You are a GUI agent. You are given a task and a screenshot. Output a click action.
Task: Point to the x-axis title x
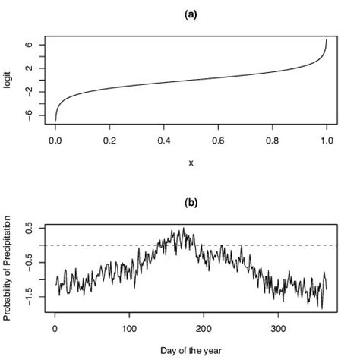tap(191, 163)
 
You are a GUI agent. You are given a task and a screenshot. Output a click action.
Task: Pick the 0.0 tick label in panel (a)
tap(55, 141)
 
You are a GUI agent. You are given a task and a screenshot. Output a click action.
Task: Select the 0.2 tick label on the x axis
tap(109, 141)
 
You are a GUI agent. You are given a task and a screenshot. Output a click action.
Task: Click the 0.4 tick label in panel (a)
tap(163, 141)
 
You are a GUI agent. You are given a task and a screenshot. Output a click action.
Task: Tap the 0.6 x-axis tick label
tap(218, 141)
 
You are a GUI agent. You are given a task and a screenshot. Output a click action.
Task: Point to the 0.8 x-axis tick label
tap(272, 141)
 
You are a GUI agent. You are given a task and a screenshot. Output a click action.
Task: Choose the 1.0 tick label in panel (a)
tap(327, 141)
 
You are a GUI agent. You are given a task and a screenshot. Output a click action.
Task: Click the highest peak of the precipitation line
tap(182, 228)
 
